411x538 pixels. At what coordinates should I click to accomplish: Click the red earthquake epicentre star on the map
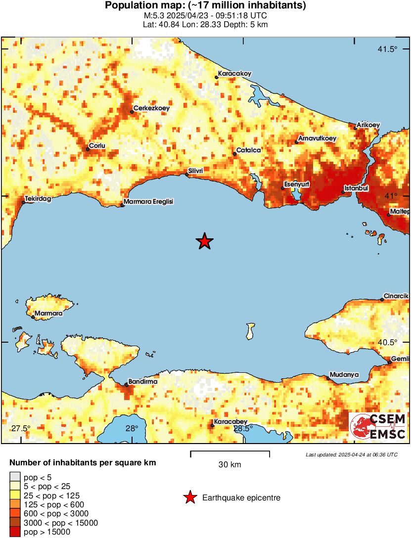(204, 241)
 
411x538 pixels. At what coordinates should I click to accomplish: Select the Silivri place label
(195, 170)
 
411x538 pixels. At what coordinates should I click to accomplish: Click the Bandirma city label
(143, 382)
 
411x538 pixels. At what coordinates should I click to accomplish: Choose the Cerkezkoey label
(150, 109)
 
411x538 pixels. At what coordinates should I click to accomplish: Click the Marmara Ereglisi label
(149, 202)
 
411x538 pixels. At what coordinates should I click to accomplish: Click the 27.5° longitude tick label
(21, 428)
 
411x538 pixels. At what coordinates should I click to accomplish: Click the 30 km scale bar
(230, 452)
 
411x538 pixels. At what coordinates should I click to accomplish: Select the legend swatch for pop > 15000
(15, 532)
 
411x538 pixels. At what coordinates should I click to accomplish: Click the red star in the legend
(189, 498)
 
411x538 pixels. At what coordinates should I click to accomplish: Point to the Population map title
(205, 6)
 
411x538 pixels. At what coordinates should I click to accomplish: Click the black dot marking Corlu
(88, 149)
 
